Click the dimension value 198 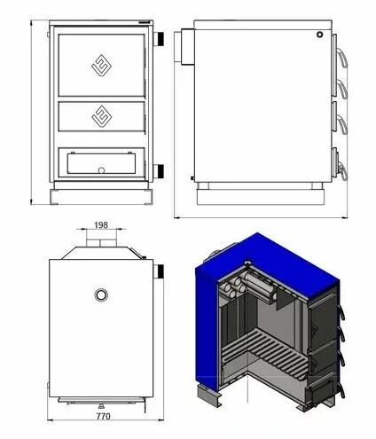coord(101,225)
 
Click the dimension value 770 coord(103,416)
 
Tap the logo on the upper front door coord(101,65)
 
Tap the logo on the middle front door coord(101,116)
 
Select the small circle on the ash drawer coord(101,170)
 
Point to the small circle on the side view coord(319,35)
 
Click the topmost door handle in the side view coord(343,59)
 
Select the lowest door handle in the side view coord(343,171)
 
